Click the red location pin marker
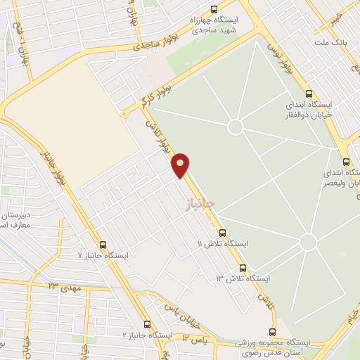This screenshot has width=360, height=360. [x=181, y=164]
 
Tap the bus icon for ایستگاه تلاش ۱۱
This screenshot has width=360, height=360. [x=222, y=232]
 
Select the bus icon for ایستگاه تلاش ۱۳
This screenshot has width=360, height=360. [x=243, y=268]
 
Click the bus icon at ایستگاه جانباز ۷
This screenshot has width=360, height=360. [x=103, y=245]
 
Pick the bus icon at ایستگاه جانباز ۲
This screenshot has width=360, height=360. [x=147, y=324]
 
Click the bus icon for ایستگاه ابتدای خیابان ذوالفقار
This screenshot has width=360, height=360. [x=308, y=94]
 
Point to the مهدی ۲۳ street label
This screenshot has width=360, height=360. [x=63, y=286]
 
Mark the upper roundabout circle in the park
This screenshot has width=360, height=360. [x=235, y=127]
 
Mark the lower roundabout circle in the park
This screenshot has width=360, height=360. [x=307, y=242]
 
